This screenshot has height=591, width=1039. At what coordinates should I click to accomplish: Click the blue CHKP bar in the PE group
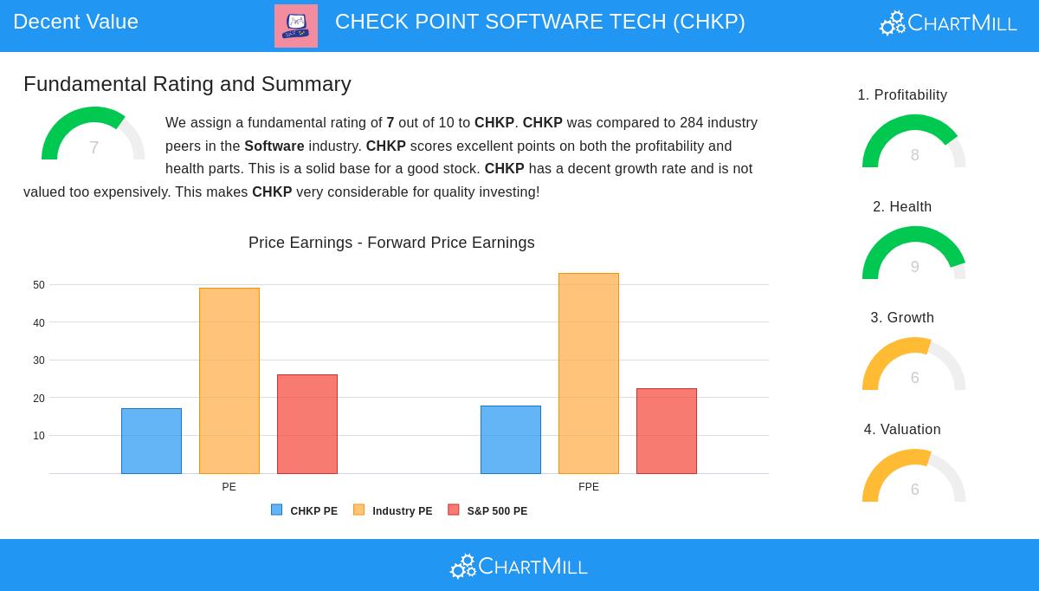(x=152, y=441)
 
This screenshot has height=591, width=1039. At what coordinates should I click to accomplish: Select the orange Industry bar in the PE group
(x=229, y=381)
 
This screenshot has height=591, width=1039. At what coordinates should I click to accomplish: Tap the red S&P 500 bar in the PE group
(x=307, y=425)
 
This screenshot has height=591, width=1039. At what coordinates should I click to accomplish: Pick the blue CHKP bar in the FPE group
(x=511, y=440)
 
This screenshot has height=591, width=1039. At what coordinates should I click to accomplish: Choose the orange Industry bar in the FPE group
(x=589, y=373)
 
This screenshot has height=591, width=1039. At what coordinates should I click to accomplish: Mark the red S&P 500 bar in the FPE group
(x=667, y=432)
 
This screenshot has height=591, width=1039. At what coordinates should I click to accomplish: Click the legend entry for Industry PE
(x=393, y=511)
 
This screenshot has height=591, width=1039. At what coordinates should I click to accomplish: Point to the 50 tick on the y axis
(x=39, y=285)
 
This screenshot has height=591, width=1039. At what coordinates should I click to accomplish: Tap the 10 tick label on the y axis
(x=39, y=436)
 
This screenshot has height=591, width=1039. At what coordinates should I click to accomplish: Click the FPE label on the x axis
(x=589, y=487)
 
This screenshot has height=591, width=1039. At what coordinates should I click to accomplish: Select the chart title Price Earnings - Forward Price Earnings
(x=391, y=243)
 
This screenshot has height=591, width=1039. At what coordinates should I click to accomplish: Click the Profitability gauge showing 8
(x=914, y=143)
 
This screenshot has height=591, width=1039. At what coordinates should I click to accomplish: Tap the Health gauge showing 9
(x=914, y=255)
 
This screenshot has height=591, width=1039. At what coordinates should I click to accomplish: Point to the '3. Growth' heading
(x=902, y=318)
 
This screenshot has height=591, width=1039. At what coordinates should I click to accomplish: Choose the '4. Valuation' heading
(x=902, y=430)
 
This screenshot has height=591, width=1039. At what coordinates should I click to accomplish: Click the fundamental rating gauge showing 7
(x=94, y=136)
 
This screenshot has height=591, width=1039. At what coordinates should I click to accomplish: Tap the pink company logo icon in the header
(x=296, y=26)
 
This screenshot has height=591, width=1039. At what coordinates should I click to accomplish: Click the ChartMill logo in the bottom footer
(x=519, y=566)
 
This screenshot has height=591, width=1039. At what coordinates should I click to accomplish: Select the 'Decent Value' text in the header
(x=76, y=22)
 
